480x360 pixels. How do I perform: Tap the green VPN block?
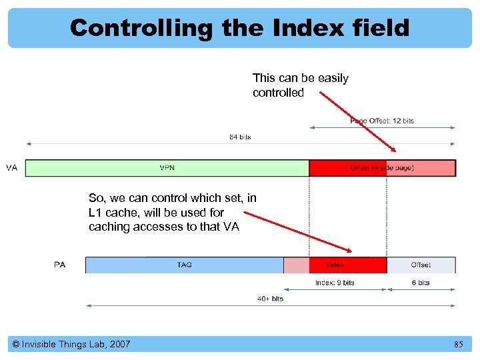pyautogui.click(x=167, y=168)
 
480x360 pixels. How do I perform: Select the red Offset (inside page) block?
pyautogui.click(x=382, y=168)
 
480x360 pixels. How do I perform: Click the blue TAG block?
pyautogui.click(x=184, y=265)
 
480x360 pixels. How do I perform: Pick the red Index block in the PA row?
pyautogui.click(x=335, y=265)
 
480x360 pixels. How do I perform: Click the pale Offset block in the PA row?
pyautogui.click(x=421, y=265)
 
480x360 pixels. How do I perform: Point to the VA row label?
pyautogui.click(x=12, y=168)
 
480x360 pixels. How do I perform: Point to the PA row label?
pyautogui.click(x=60, y=265)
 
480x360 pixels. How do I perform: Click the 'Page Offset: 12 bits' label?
pyautogui.click(x=382, y=121)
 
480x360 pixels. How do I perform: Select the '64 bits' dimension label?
pyautogui.click(x=240, y=137)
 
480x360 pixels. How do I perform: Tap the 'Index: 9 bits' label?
pyautogui.click(x=335, y=283)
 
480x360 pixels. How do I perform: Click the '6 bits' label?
pyautogui.click(x=421, y=283)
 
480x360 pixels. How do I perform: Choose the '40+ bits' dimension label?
pyautogui.click(x=270, y=299)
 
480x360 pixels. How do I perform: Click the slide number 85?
pyautogui.click(x=458, y=345)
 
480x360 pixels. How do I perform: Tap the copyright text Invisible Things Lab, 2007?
pyautogui.click(x=71, y=345)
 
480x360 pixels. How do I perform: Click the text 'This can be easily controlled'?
pyautogui.click(x=300, y=85)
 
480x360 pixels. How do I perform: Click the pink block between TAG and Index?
pyautogui.click(x=296, y=265)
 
